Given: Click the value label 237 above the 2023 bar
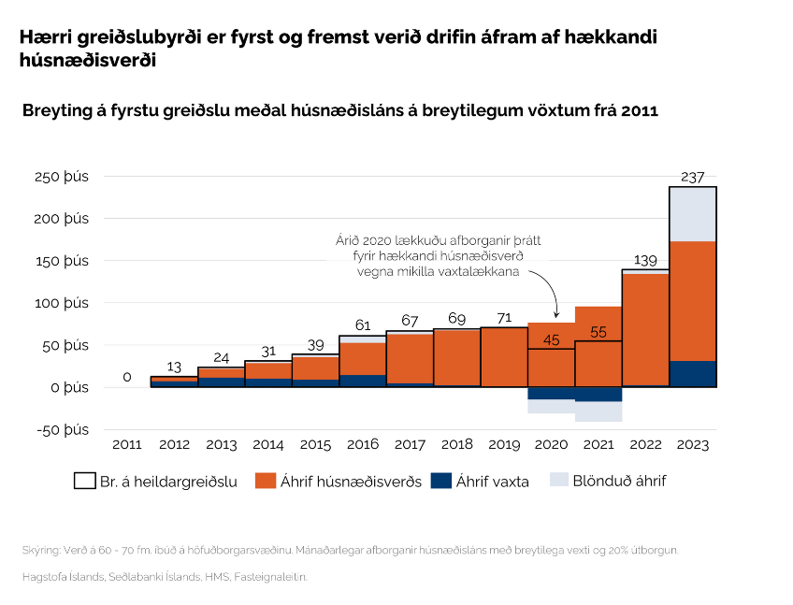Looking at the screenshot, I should pyautogui.click(x=693, y=177).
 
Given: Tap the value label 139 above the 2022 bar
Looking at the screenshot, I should pyautogui.click(x=646, y=259).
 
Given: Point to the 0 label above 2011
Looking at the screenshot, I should pyautogui.click(x=127, y=377).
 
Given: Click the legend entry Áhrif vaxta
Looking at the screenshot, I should pyautogui.click(x=493, y=482).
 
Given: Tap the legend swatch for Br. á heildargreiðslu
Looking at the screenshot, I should pyautogui.click(x=84, y=482).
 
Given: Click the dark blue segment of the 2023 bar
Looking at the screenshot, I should pyautogui.click(x=693, y=373).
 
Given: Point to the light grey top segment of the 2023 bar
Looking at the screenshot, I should pyautogui.click(x=693, y=214).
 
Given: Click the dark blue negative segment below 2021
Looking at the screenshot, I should pyautogui.click(x=598, y=394).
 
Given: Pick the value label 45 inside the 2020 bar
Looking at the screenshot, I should pyautogui.click(x=552, y=340).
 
